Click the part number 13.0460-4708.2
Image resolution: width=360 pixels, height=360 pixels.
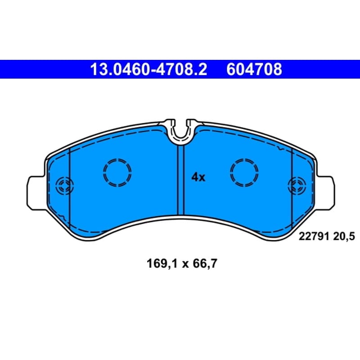148,69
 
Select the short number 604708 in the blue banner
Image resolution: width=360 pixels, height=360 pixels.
254,69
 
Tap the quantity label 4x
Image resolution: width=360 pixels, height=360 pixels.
198,177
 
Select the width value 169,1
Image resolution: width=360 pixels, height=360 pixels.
162,263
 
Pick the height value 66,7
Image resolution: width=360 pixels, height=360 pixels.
205,263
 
